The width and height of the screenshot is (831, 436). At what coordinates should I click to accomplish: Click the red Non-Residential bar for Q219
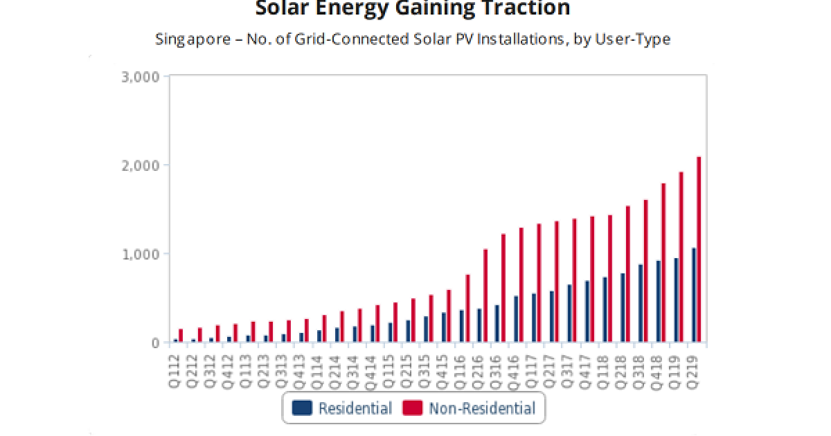coord(699,249)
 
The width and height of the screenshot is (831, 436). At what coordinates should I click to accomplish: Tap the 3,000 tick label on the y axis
coord(141,76)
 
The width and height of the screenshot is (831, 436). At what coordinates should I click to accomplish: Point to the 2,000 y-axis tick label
coord(141,165)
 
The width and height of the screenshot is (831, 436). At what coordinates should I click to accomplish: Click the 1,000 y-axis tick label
coord(141,254)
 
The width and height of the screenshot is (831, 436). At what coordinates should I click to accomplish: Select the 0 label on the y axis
coord(154,343)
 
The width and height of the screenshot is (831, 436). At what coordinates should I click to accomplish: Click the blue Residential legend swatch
coord(302,408)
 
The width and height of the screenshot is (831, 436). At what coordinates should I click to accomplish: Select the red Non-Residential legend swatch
coord(412,408)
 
